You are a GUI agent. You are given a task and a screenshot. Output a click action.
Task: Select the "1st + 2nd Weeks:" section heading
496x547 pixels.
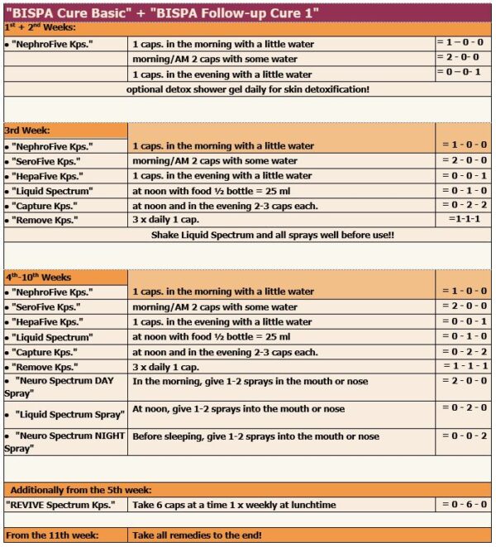tap(41, 27)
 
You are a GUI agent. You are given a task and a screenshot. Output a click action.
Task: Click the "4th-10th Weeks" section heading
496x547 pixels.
tap(39, 276)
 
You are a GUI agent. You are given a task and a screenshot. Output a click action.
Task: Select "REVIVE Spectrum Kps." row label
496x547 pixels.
tap(61, 504)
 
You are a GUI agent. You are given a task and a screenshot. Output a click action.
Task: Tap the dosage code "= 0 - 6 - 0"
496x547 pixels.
tap(464, 503)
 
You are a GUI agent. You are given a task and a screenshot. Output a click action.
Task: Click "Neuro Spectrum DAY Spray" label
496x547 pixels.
tap(64, 388)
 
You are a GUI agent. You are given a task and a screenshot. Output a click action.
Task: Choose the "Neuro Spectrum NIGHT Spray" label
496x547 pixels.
tap(64, 441)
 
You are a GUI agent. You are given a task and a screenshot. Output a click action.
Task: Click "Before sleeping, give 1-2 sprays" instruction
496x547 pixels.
tap(255, 436)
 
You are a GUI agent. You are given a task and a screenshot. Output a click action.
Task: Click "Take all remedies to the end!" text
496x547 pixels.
tap(198, 535)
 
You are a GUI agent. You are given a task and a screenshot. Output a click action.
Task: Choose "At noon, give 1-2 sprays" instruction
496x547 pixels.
tap(238, 409)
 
